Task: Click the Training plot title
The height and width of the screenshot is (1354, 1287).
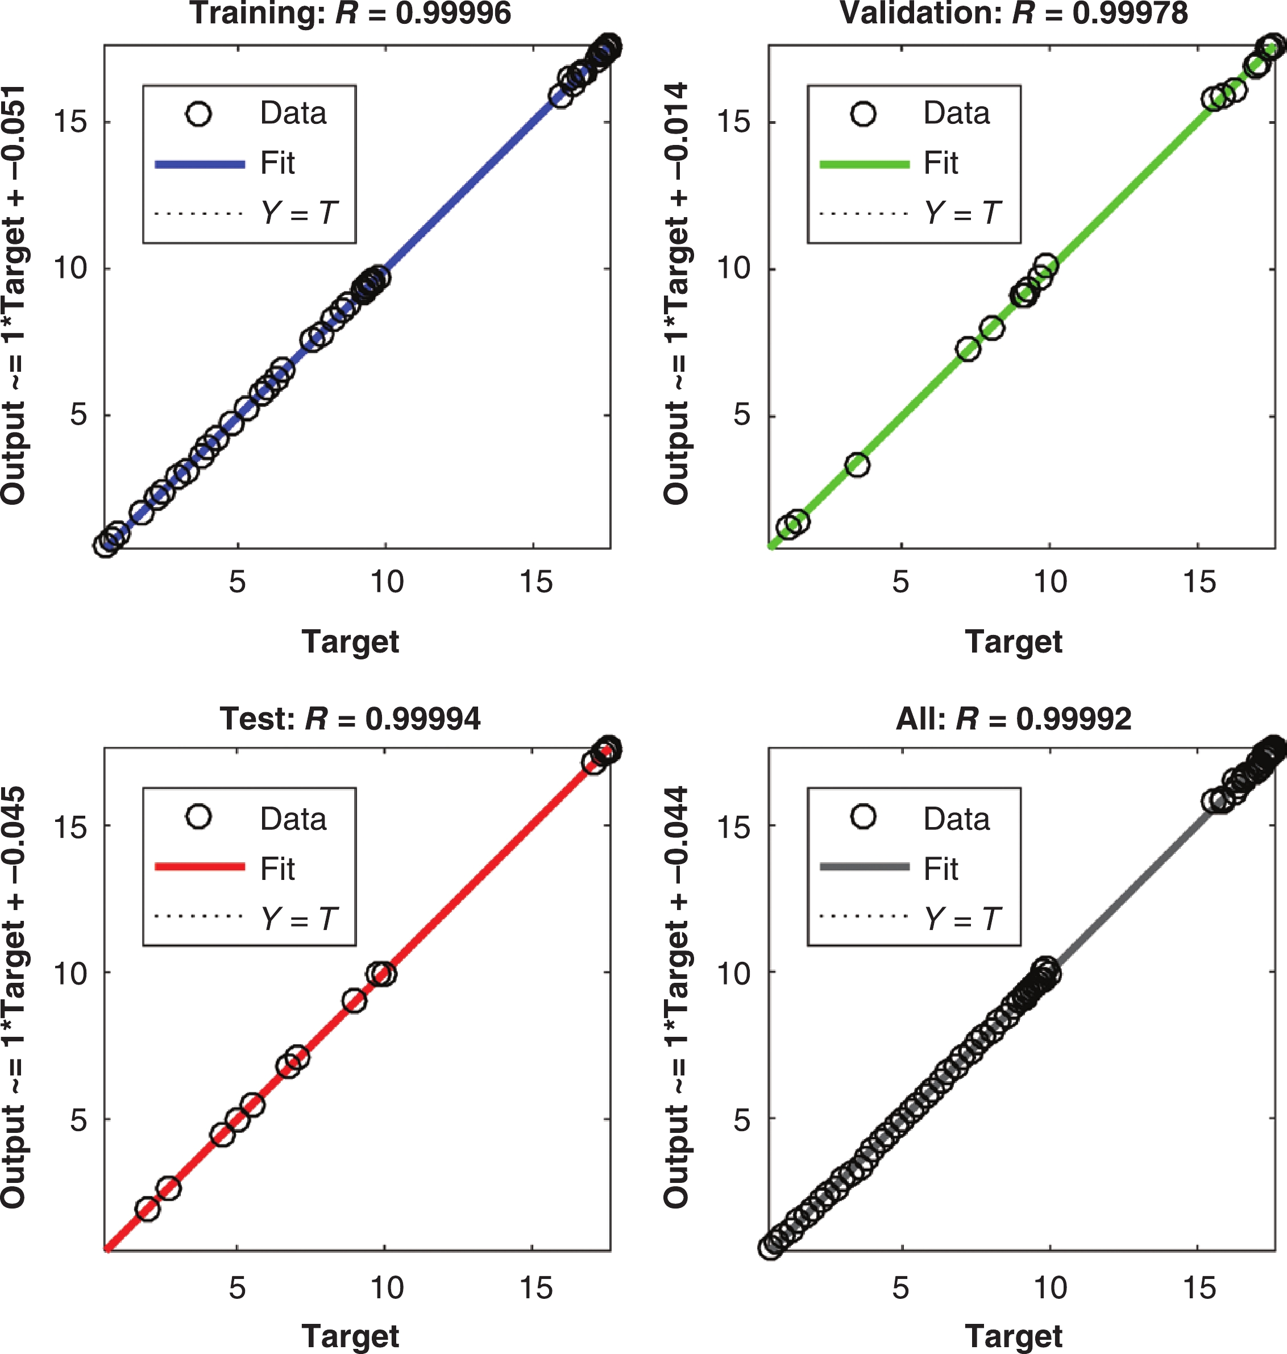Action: pyautogui.click(x=351, y=13)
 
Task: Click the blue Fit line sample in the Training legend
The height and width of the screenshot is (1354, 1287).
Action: pyautogui.click(x=200, y=164)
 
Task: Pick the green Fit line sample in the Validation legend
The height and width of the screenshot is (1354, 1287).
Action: pyautogui.click(x=865, y=164)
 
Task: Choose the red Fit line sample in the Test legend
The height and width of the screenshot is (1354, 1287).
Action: pyautogui.click(x=200, y=867)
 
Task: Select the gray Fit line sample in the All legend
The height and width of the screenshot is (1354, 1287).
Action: pyautogui.click(x=865, y=867)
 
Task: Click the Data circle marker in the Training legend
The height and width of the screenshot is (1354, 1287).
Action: pyautogui.click(x=198, y=114)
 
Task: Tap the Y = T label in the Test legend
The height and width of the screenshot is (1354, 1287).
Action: pyautogui.click(x=299, y=919)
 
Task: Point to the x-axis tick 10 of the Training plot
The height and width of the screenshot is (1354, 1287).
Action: pyautogui.click(x=386, y=582)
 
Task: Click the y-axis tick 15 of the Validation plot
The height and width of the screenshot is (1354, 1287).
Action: pyautogui.click(x=733, y=122)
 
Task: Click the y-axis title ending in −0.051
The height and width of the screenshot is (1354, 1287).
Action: pyautogui.click(x=13, y=295)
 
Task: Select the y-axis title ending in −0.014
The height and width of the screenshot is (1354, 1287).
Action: pyautogui.click(x=676, y=295)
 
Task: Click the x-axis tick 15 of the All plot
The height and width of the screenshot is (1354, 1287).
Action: pyautogui.click(x=1198, y=1288)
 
